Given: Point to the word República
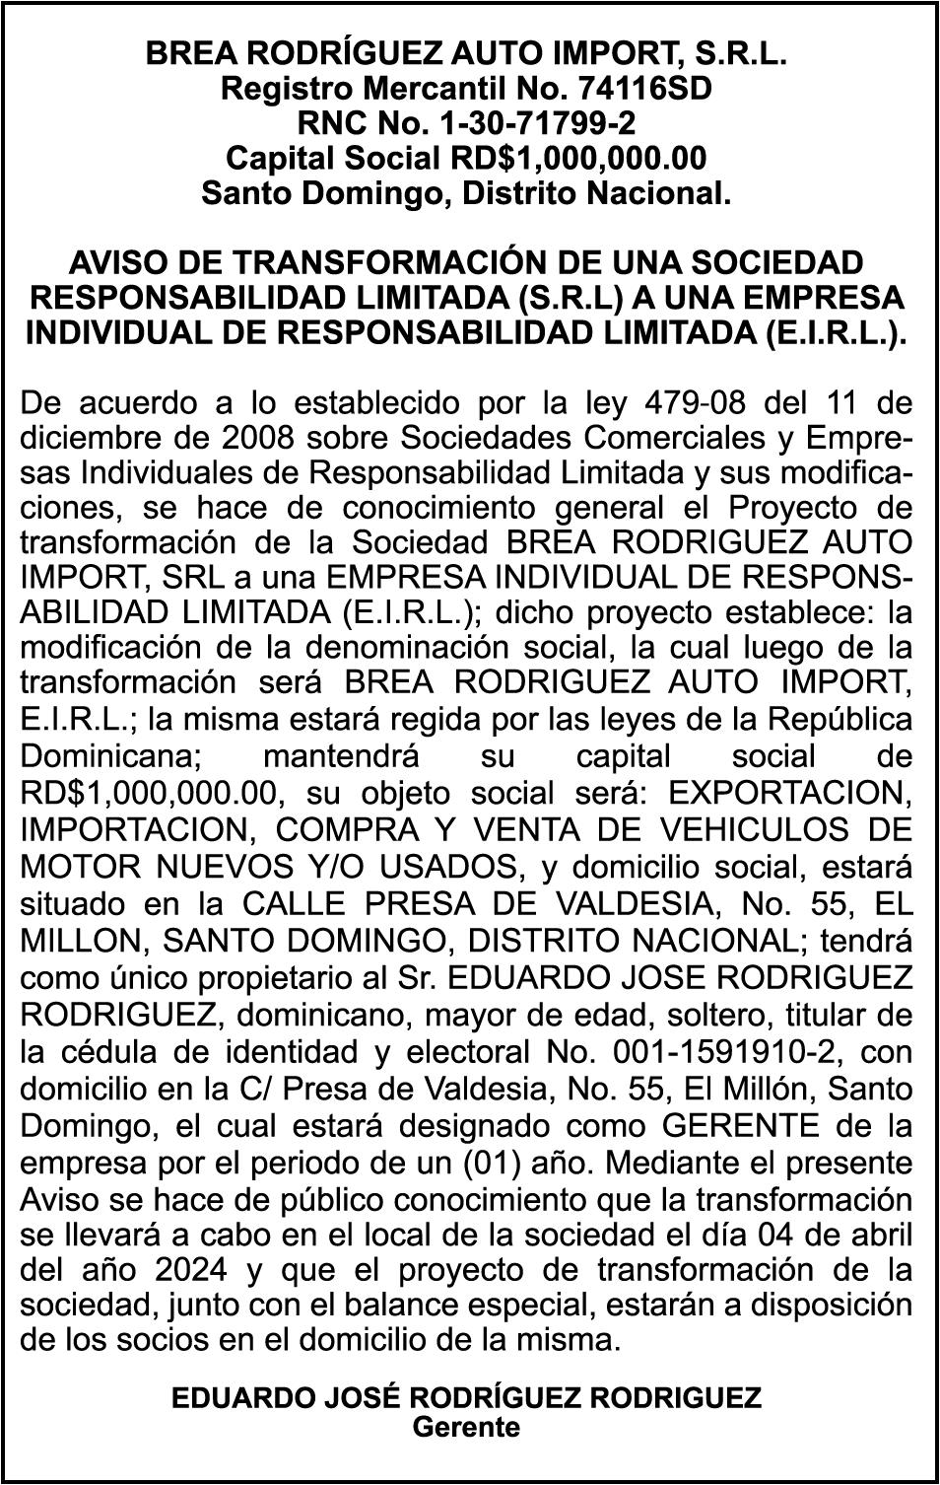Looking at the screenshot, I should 846,720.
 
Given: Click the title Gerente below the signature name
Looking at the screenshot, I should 466,1427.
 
